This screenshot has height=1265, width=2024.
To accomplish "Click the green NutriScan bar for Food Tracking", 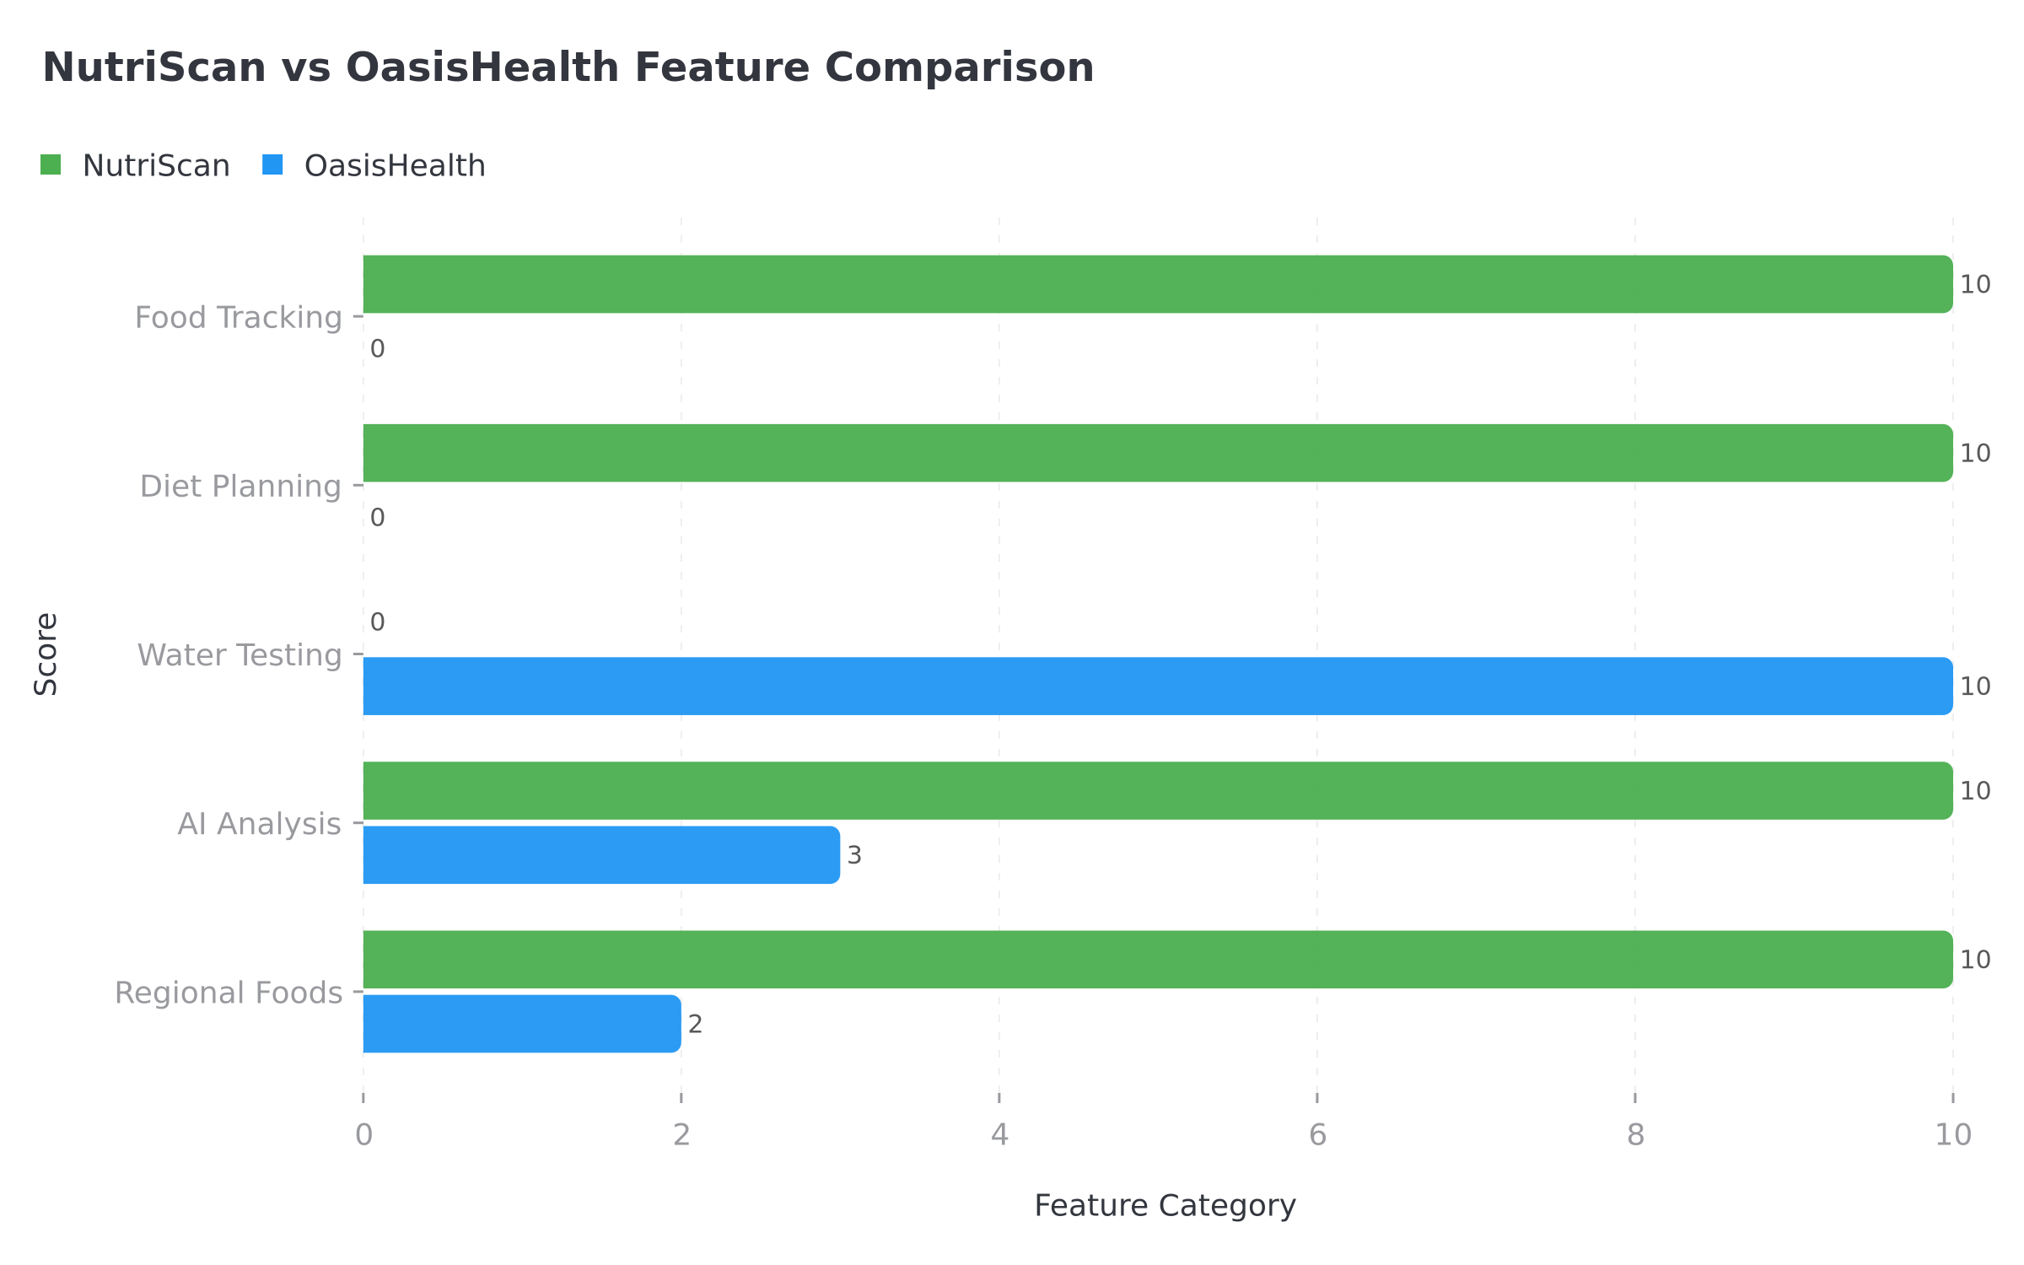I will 1157,284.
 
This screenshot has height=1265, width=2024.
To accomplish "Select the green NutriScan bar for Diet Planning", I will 1157,453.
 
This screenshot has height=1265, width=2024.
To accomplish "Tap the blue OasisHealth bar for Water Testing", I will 1157,686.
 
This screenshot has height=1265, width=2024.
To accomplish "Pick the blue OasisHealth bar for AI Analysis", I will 600,855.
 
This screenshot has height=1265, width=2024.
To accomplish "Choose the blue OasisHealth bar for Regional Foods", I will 521,1024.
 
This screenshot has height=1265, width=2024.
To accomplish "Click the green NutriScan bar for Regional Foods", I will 1157,960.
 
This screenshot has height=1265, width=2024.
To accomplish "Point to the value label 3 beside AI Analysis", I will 854,856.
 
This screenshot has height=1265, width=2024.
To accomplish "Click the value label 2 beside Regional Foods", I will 695,1025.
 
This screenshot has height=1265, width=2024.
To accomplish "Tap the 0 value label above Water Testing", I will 377,622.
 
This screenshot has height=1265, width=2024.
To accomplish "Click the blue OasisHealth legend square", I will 272,165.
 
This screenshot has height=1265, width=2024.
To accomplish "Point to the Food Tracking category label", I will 238,318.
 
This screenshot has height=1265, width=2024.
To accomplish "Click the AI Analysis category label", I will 259,824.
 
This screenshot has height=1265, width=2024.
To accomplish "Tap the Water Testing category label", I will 240,655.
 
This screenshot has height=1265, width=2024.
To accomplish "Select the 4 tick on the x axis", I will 999,1135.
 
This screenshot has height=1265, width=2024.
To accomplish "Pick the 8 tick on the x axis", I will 1635,1135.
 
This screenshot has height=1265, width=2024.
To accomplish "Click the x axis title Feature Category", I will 1165,1206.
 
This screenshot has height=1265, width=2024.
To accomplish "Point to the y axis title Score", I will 46,654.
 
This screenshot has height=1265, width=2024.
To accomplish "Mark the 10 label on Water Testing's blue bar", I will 1974,686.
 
